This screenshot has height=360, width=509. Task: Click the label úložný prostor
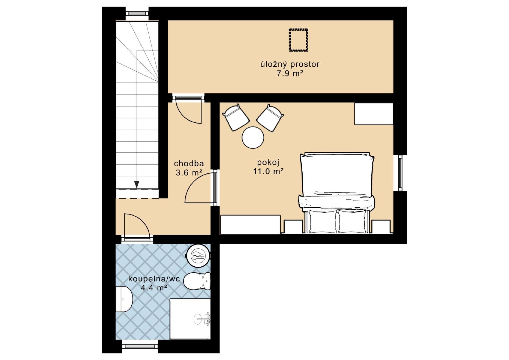coord(290,64)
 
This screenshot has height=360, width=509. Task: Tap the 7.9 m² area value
coord(290,73)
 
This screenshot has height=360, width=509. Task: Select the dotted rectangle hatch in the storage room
coord(298,40)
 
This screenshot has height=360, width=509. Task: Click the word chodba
coord(189,163)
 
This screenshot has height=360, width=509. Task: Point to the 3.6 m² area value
coord(189,173)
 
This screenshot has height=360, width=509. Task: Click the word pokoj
coord(268,163)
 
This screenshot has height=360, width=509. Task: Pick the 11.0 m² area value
coord(268,171)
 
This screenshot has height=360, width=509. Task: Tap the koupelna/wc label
coord(154,279)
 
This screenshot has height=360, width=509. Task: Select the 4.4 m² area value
coord(154,288)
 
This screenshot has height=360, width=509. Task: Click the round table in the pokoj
coord(253,137)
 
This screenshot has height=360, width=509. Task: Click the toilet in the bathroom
coord(197,281)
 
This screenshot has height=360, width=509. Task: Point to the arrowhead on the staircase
coord(136,184)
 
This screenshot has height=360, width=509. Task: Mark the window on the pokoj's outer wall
coord(400,173)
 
